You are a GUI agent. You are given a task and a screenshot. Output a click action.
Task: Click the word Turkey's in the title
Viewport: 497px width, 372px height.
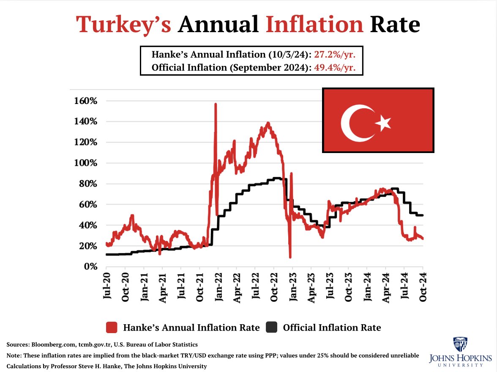click(123, 25)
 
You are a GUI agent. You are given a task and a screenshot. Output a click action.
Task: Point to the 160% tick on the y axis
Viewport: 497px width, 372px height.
click(86, 101)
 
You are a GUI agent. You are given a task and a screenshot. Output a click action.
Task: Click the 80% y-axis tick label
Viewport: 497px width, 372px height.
click(88, 184)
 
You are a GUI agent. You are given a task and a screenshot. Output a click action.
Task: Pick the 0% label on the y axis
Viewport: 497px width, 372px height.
click(91, 267)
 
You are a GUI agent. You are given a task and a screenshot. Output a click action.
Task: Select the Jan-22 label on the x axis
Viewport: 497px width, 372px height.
click(218, 287)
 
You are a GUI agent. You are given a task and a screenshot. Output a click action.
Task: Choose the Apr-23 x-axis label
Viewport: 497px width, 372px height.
click(311, 287)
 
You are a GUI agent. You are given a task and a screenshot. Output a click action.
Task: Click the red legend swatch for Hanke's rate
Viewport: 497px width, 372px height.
click(112, 328)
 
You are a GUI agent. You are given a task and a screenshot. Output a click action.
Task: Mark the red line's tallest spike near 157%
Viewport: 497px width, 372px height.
click(216, 104)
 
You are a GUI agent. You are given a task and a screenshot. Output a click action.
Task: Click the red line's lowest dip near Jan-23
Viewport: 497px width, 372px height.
click(290, 257)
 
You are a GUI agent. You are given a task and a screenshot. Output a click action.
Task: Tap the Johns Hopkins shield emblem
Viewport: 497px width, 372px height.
click(460, 345)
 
